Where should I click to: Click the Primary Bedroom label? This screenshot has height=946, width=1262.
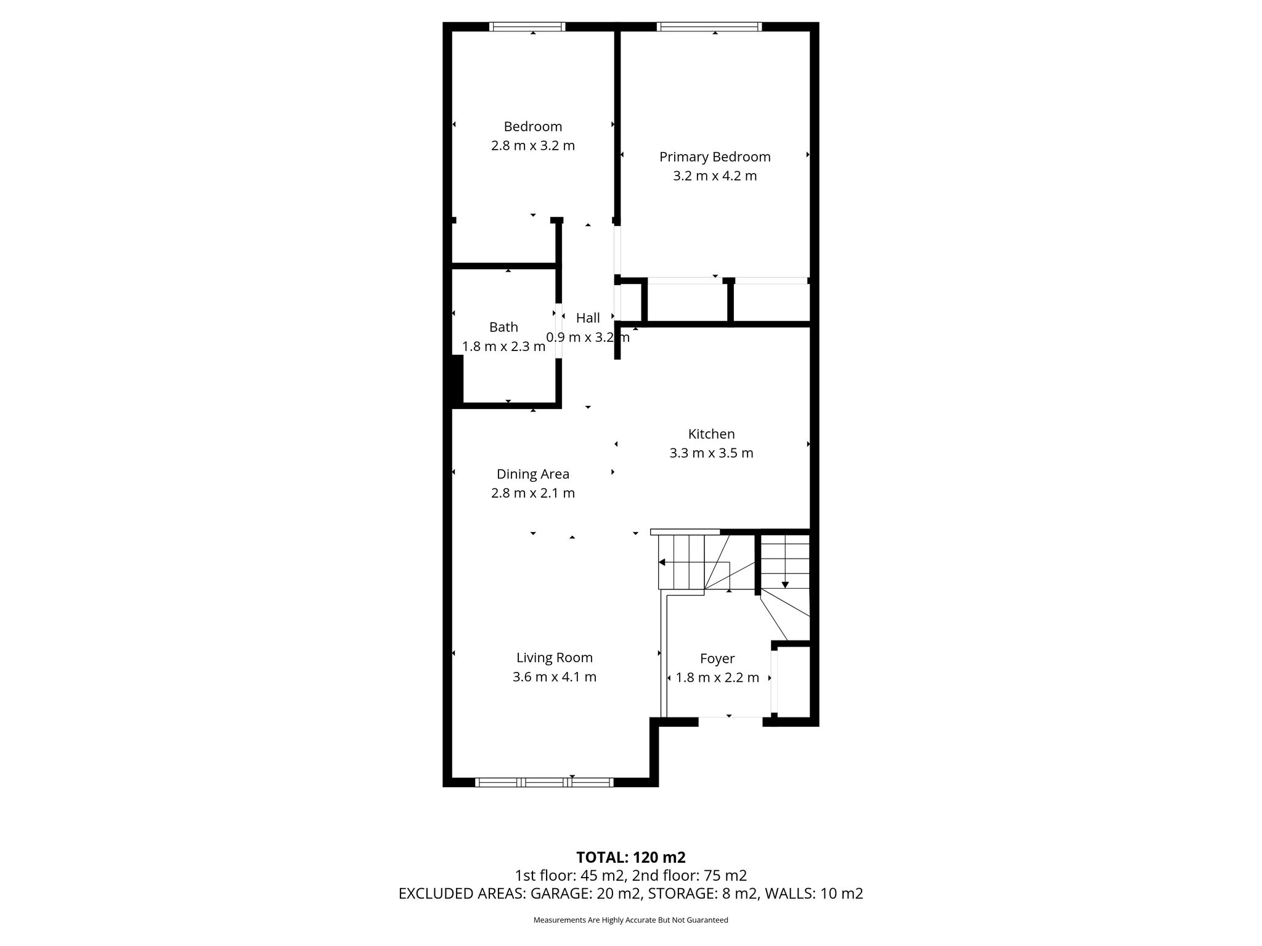(715, 157)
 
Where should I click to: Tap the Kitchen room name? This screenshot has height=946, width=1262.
(711, 434)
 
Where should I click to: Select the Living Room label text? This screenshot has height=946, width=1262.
(555, 658)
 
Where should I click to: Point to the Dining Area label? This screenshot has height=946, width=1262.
(533, 474)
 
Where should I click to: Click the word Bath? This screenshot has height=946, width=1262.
(503, 327)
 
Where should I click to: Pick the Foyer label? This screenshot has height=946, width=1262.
(717, 659)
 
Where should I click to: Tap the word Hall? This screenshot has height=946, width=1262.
(588, 318)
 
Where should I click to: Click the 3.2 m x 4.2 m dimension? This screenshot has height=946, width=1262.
(715, 176)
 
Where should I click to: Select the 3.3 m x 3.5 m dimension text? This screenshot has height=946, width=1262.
(711, 453)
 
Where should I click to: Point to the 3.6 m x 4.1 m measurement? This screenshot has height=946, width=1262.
(555, 677)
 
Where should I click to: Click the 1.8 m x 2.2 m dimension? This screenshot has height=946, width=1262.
(717, 678)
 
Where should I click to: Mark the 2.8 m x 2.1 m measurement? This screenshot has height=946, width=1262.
(533, 493)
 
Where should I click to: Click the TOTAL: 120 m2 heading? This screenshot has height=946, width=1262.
(631, 857)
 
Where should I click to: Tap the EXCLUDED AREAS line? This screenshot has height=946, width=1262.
(631, 894)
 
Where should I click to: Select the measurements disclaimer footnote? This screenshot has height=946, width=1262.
(631, 920)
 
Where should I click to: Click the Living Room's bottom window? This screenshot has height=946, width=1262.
(545, 782)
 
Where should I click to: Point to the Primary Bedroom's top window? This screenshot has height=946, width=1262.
(709, 26)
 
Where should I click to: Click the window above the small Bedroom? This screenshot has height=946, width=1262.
(527, 26)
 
